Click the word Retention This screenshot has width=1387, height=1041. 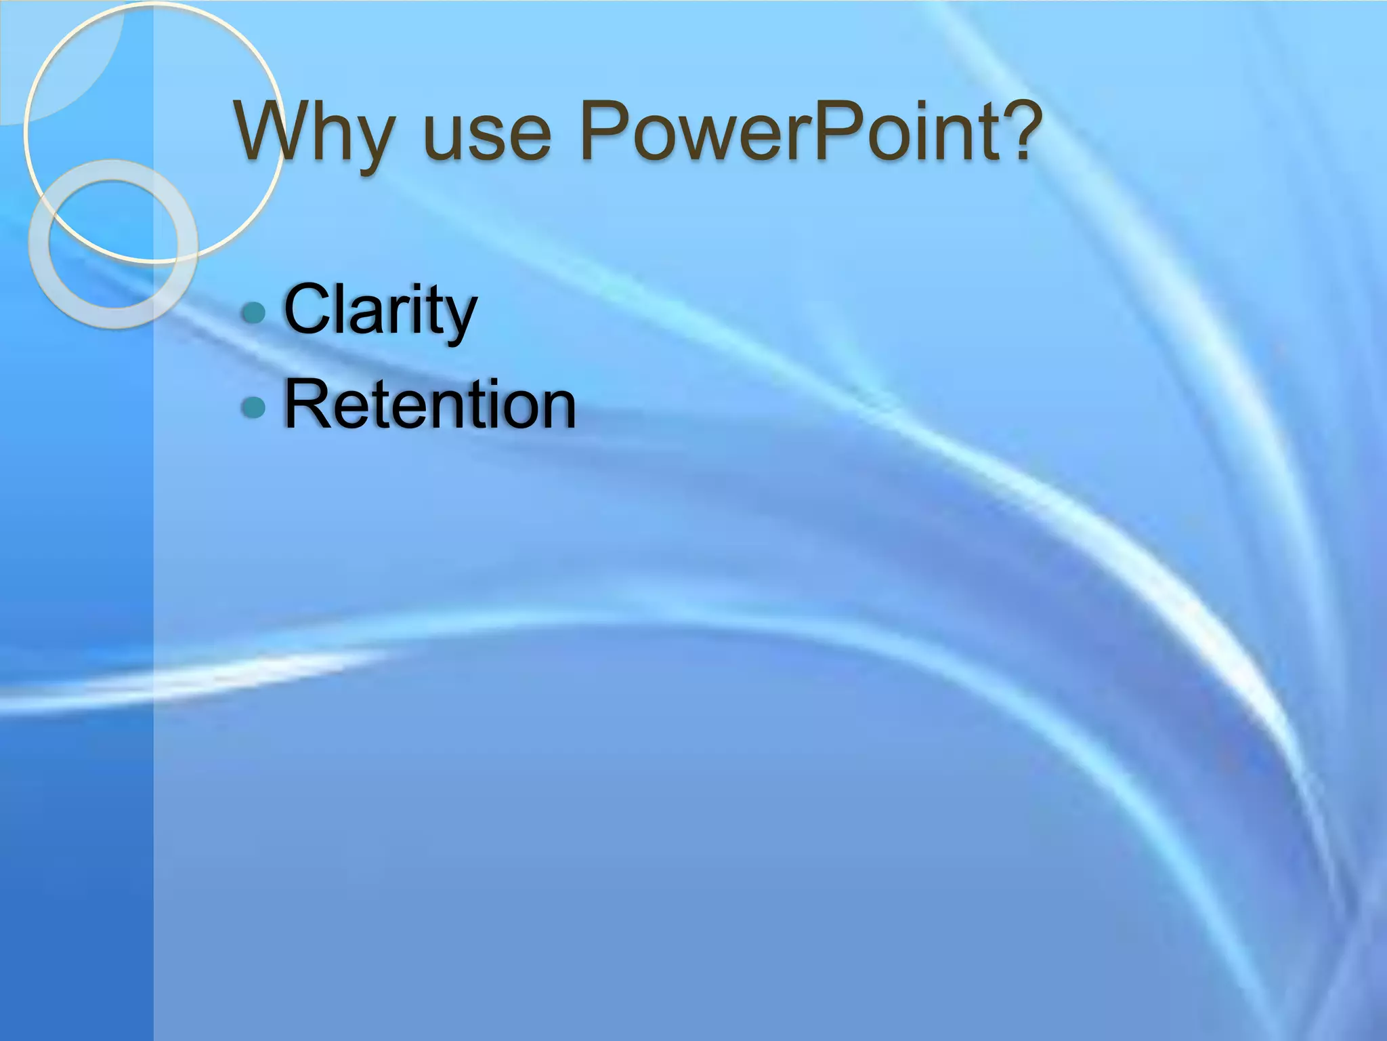pos(429,405)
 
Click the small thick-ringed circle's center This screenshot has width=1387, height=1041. pos(113,244)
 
